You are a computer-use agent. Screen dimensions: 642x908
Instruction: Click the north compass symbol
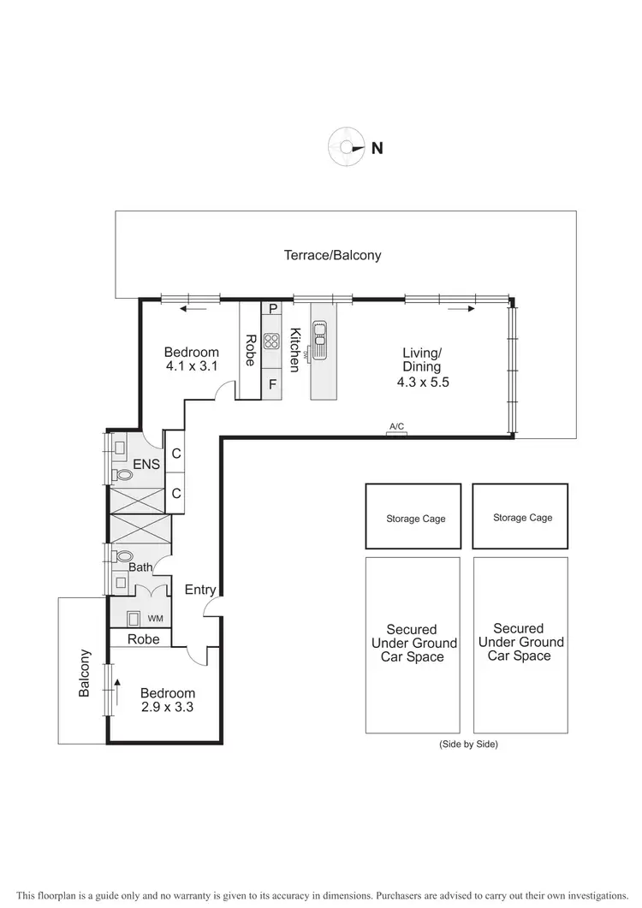pyautogui.click(x=346, y=147)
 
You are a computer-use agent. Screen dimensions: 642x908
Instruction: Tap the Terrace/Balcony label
pyautogui.click(x=333, y=255)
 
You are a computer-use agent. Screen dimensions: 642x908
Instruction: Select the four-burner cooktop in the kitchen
pyautogui.click(x=271, y=341)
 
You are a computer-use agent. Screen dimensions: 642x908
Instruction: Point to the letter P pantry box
pyautogui.click(x=272, y=309)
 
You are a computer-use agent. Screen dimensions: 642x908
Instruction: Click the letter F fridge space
pyautogui.click(x=272, y=384)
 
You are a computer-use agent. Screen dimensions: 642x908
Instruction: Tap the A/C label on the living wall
pyautogui.click(x=396, y=426)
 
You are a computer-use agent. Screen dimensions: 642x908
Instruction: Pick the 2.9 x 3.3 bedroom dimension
pyautogui.click(x=168, y=708)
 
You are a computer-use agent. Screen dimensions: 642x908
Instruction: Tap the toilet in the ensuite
pyautogui.click(x=123, y=474)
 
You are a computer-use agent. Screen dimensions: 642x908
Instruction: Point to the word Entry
pyautogui.click(x=200, y=590)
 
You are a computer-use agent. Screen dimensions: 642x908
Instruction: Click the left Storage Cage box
pyautogui.click(x=413, y=516)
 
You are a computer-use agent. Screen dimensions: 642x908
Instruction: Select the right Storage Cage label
pyautogui.click(x=522, y=518)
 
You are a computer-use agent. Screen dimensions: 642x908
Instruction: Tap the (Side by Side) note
pyautogui.click(x=467, y=745)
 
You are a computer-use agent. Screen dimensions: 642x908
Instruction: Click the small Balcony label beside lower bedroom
pyautogui.click(x=84, y=674)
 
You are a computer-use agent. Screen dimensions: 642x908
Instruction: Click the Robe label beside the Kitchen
pyautogui.click(x=250, y=349)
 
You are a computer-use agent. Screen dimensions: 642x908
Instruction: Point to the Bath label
pyautogui.click(x=140, y=567)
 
